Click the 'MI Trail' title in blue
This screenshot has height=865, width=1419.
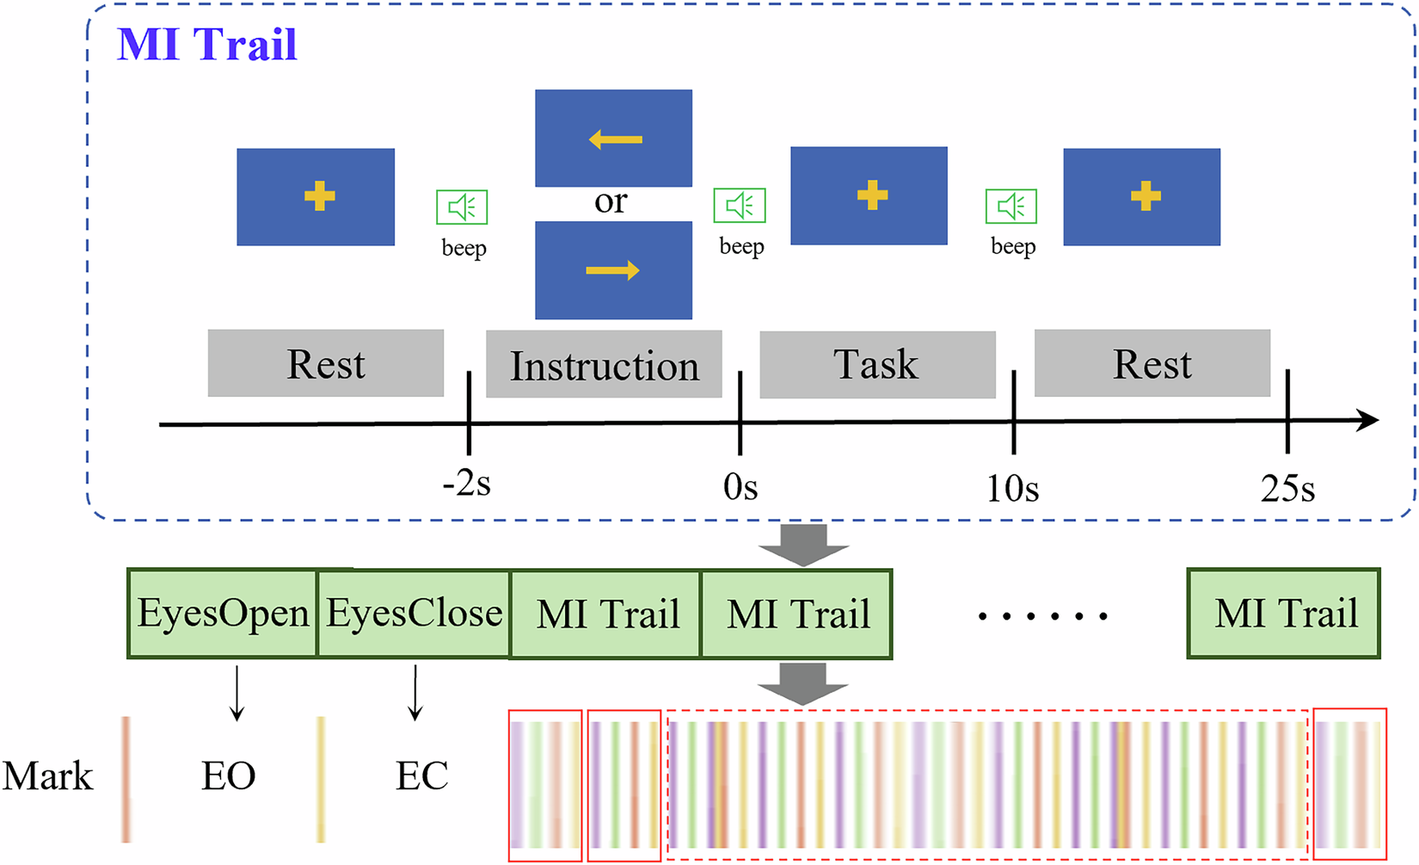[206, 44]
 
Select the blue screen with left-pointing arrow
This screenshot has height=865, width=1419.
[613, 138]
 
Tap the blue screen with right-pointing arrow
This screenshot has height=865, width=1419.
[613, 270]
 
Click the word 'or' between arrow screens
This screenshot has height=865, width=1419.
[611, 201]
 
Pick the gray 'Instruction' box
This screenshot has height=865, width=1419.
[604, 365]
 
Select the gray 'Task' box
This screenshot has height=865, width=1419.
[877, 364]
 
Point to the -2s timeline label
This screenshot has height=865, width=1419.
[467, 485]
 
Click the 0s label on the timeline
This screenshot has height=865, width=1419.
[740, 488]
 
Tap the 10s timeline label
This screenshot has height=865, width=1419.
[1012, 490]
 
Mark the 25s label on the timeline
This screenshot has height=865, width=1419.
[1287, 490]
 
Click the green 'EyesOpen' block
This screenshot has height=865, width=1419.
[223, 614]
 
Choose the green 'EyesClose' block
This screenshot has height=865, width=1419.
[414, 614]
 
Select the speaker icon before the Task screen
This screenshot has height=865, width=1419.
[740, 205]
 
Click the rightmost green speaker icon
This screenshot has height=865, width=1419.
[1010, 206]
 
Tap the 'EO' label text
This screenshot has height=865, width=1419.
[229, 776]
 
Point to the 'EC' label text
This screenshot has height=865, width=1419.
[421, 776]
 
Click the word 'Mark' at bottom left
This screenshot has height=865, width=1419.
[47, 776]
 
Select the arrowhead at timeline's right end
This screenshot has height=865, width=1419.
[1368, 421]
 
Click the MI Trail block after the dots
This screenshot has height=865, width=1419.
[1284, 614]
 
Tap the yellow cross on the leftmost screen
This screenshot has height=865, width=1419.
[319, 196]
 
